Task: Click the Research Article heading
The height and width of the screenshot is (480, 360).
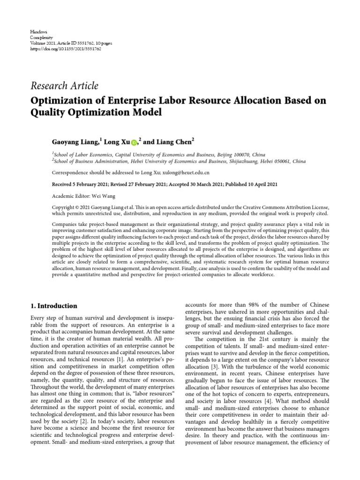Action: [x=64, y=86]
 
